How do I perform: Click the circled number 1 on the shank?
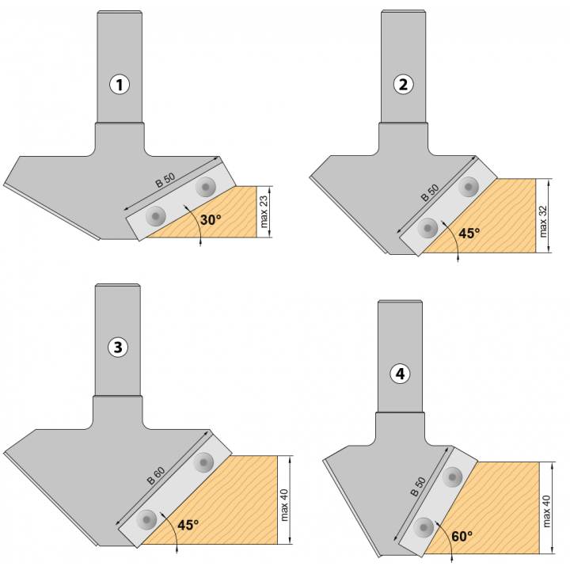click(120, 85)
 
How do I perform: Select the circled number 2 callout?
click(403, 85)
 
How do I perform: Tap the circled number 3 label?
click(118, 347)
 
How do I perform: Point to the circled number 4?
click(400, 374)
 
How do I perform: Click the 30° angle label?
click(211, 220)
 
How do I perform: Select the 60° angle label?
click(462, 536)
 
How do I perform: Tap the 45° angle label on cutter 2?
click(469, 233)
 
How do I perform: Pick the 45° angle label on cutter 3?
click(188, 525)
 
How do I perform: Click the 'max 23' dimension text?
click(264, 212)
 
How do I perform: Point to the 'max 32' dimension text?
click(543, 222)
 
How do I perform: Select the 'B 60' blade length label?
click(156, 476)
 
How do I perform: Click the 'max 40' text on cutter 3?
click(284, 505)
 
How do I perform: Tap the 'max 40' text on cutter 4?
click(546, 511)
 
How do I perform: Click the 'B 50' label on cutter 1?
click(165, 180)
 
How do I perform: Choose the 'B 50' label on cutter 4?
click(418, 487)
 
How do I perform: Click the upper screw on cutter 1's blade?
click(206, 187)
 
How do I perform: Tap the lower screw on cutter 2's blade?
click(427, 228)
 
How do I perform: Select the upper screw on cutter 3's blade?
click(203, 462)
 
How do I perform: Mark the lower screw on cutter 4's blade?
click(424, 527)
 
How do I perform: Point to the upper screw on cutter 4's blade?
click(453, 477)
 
